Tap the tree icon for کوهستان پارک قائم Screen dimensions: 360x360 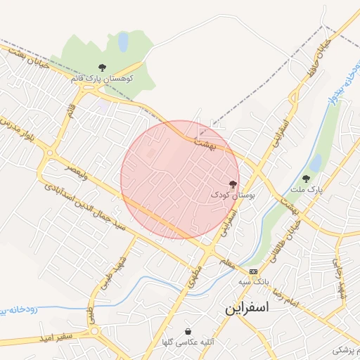[103, 67]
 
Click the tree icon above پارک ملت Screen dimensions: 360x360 [306, 179]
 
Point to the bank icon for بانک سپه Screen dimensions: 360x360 [253, 271]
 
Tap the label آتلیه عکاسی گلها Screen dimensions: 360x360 [188, 342]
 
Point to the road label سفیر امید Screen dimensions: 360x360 [56, 337]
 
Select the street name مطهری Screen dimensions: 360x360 [191, 281]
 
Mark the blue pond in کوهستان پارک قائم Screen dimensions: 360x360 [123, 42]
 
